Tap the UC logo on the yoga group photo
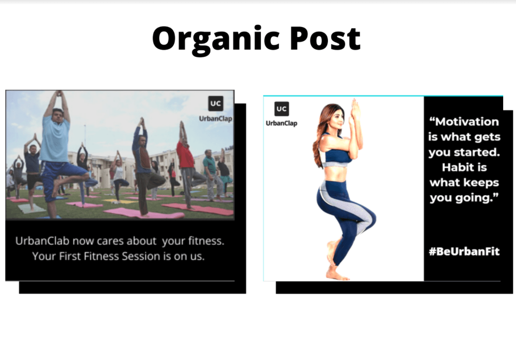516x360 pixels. coord(216,104)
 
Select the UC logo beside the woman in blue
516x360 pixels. coord(281,109)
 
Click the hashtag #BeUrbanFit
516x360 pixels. coord(464,252)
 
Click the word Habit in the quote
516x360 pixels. coord(464,167)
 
